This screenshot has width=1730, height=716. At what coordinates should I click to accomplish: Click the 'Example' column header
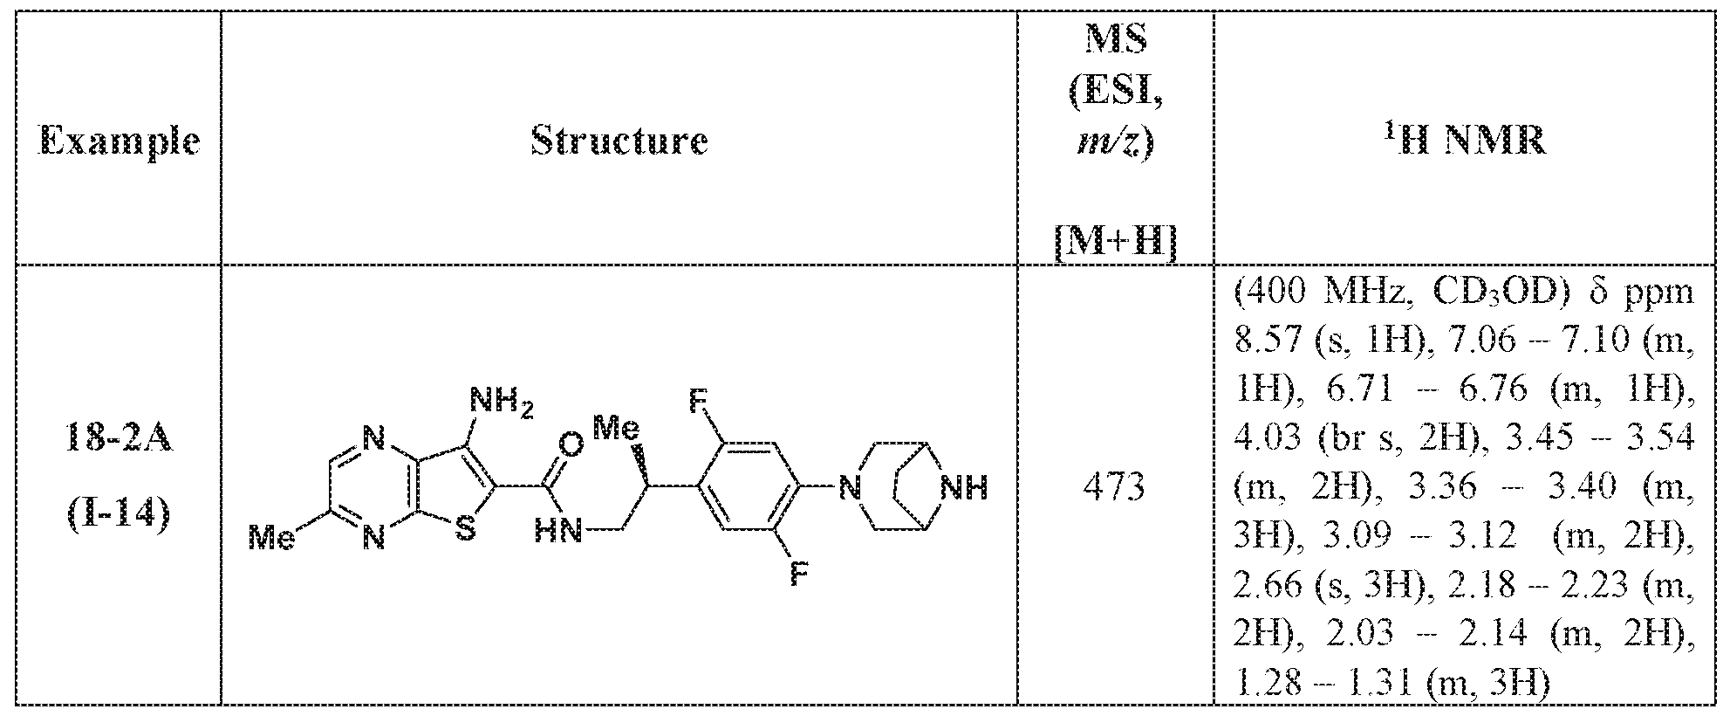click(x=120, y=141)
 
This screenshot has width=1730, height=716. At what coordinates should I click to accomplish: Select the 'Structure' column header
click(x=619, y=141)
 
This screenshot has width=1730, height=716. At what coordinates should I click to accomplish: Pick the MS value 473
click(x=1115, y=487)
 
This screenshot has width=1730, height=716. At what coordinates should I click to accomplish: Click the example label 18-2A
click(x=120, y=439)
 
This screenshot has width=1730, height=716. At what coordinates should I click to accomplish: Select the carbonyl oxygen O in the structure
click(x=571, y=444)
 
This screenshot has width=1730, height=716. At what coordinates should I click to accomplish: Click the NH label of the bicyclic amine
click(x=967, y=487)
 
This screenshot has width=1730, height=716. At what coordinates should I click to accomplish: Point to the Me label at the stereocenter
click(x=615, y=428)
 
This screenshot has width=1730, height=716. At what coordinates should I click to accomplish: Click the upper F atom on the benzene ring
click(x=699, y=403)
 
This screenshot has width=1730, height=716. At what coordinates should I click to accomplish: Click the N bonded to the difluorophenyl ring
click(x=844, y=487)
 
